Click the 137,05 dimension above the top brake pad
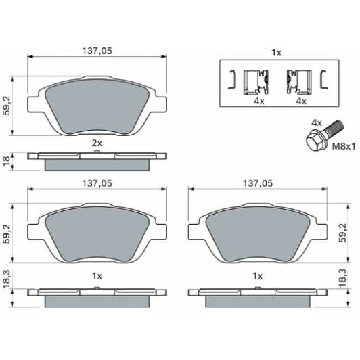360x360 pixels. click(x=96, y=51)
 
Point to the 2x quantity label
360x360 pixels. click(x=96, y=143)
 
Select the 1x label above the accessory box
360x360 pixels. click(x=275, y=52)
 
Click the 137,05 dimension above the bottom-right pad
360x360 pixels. click(x=257, y=183)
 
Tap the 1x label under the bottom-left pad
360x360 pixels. click(x=96, y=275)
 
